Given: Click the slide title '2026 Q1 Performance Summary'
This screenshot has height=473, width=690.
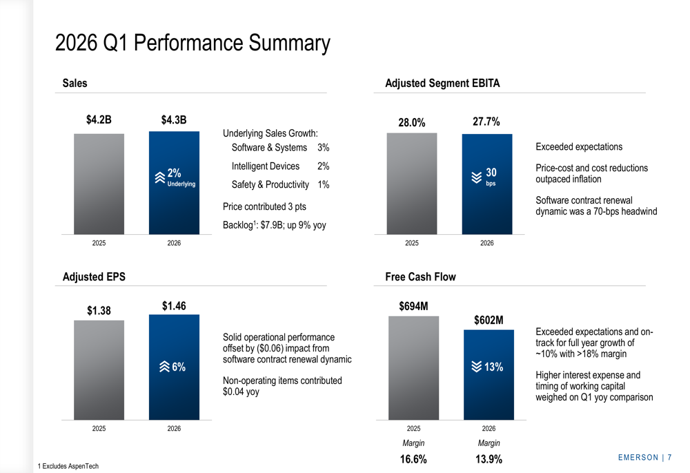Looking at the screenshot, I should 193,44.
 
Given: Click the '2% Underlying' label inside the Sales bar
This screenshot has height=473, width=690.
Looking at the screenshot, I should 176,177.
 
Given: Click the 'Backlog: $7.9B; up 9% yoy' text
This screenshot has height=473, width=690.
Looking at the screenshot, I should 275,224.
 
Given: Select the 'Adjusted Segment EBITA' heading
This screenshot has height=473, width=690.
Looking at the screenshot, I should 442,84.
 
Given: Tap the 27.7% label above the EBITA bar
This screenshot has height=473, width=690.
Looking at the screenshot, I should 486,122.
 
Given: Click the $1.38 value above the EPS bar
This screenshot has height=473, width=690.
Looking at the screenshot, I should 99,311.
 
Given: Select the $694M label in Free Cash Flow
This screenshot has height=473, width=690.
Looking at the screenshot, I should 413,305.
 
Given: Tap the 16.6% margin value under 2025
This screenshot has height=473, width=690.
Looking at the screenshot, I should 413,459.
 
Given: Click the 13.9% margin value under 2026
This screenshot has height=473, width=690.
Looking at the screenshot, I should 488,459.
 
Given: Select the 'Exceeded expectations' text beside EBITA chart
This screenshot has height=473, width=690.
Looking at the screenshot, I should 579,147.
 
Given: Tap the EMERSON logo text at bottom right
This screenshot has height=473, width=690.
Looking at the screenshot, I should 638,458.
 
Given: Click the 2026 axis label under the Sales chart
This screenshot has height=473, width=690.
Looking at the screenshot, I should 174,244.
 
